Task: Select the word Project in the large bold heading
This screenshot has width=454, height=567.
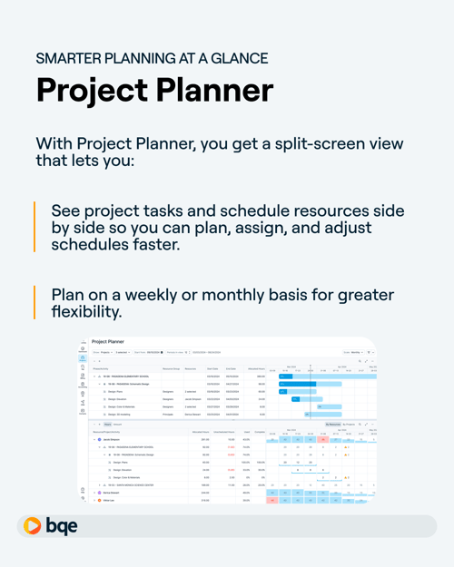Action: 83,91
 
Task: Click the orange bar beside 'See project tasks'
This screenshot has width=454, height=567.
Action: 35,227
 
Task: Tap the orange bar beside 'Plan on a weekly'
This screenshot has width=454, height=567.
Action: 35,303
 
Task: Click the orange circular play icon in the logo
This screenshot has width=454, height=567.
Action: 33,526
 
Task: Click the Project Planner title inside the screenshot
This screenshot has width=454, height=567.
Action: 108,342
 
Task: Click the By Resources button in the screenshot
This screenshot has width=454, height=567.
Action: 334,425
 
